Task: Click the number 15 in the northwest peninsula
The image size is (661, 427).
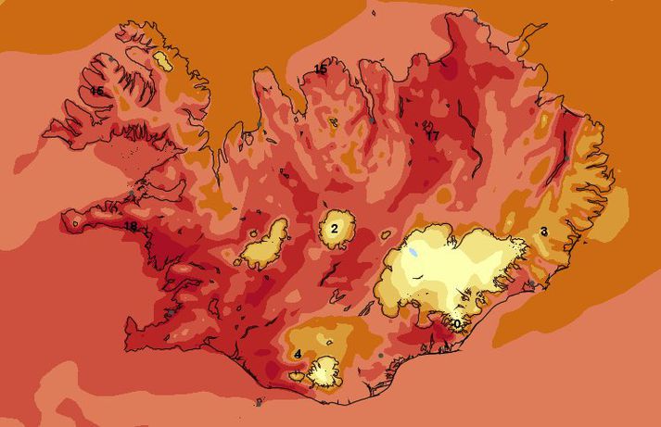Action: tap(96, 91)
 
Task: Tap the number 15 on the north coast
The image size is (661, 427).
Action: tap(320, 69)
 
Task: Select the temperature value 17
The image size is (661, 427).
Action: tap(432, 135)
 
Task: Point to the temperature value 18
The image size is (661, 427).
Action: tap(131, 227)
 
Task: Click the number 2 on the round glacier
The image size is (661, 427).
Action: tap(335, 226)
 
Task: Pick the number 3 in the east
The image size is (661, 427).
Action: tap(543, 231)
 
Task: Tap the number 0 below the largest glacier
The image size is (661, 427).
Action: tap(455, 323)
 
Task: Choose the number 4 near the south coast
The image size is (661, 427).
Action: tap(297, 354)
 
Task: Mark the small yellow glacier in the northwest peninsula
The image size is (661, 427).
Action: tap(163, 61)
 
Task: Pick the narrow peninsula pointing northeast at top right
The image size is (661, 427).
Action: tap(528, 38)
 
